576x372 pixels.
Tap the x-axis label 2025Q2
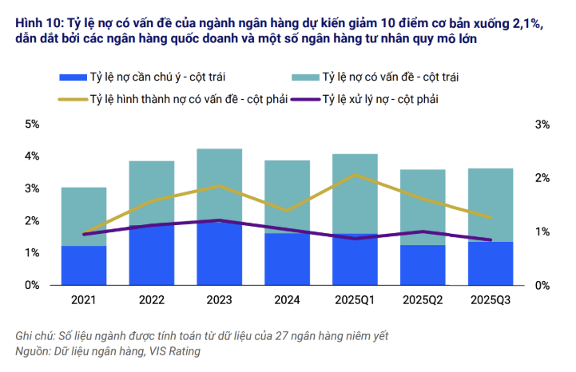click(423, 300)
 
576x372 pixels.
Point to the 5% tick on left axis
click(33, 125)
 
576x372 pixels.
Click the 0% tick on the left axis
click(33, 285)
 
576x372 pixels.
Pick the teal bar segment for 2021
click(83, 216)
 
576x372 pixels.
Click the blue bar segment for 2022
click(152, 255)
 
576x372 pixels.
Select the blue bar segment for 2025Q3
click(491, 263)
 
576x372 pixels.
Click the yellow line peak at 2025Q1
click(356, 174)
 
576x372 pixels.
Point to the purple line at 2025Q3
click(491, 239)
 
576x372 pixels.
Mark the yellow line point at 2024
click(288, 211)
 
